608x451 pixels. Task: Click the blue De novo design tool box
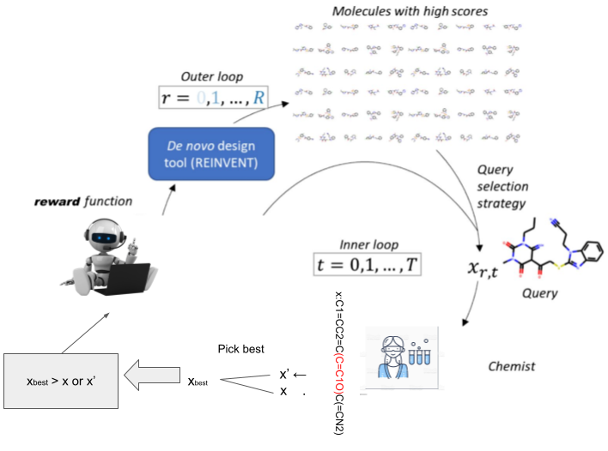point(211,153)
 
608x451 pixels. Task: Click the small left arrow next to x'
point(301,375)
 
